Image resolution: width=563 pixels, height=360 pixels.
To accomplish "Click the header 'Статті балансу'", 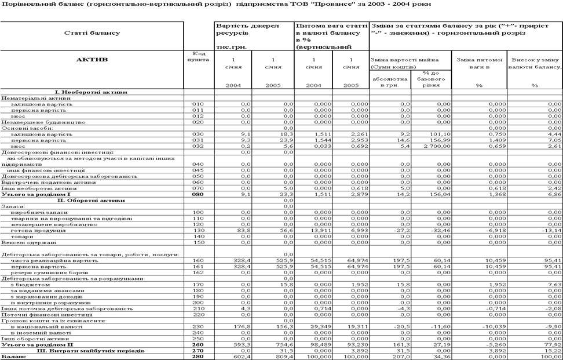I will coord(93,33).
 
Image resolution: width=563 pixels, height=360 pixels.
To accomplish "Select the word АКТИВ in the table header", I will coord(93,60).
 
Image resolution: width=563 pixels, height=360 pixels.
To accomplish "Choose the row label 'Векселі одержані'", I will coord(21,242).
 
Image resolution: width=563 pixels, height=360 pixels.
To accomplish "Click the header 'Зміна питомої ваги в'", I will coord(478,60).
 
